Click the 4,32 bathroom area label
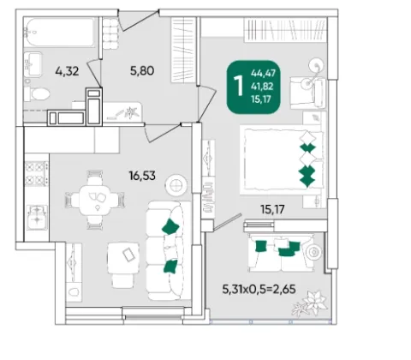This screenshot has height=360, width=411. coord(67,71)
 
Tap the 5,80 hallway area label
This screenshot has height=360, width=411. coord(142,70)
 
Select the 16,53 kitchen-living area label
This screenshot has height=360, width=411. coord(142,176)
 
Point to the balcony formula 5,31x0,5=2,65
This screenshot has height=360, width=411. coord(259,289)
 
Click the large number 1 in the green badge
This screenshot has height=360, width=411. coord(238,86)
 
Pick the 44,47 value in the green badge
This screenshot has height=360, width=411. coord(263,74)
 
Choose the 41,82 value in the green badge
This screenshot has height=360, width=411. coord(262,87)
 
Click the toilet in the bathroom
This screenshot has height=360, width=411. coord(37,93)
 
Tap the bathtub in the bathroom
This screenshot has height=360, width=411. coord(59,33)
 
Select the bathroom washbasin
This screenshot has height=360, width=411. coord(33,64)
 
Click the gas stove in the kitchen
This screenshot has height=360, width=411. coord(37,173)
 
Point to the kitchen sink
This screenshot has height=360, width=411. coord(37,217)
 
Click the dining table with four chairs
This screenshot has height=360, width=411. coord(95,200)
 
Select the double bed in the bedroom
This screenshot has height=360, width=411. coord(283,160)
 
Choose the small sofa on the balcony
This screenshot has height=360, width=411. coord(280,253)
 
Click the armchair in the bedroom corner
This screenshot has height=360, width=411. coord(307,93)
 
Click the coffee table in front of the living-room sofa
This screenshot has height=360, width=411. coord(123,258)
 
